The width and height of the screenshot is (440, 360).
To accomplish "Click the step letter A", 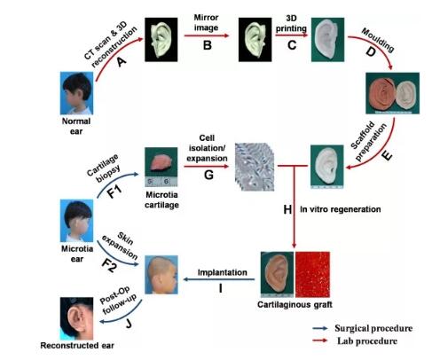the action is [121, 61].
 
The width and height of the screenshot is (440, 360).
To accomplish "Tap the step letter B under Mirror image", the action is [208, 45].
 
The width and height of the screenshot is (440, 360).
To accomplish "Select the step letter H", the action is [287, 209].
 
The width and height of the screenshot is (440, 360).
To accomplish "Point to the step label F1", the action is [114, 192].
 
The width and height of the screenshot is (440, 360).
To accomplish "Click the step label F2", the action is [109, 266].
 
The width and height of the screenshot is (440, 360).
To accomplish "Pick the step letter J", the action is [129, 324].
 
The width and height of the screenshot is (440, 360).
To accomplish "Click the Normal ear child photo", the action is [76, 93].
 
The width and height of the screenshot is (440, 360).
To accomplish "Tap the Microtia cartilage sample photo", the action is [161, 167].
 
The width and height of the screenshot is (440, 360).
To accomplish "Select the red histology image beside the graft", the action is [312, 275].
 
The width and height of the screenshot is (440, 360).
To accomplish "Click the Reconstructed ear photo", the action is [76, 318].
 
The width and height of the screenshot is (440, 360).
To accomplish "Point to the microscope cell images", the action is [255, 167].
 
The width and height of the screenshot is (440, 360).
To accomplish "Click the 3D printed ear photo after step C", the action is [327, 40].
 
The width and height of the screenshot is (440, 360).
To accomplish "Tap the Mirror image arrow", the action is [207, 35].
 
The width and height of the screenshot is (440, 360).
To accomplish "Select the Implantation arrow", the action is [219, 279].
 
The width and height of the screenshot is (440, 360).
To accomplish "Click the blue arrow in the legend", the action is [320, 328].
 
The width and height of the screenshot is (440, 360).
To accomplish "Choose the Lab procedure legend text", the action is [367, 341].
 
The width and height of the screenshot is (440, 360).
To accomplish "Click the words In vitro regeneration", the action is [341, 209].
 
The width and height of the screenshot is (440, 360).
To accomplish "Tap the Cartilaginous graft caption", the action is [295, 305].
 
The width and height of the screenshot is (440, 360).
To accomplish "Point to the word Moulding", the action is [378, 40].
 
